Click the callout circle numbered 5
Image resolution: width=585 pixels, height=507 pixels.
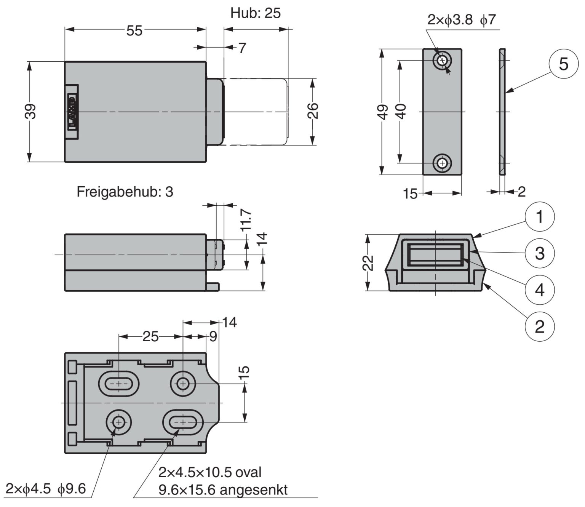[x=563, y=64]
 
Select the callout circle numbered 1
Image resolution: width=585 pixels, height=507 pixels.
[x=539, y=217]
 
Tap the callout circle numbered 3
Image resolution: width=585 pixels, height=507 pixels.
[x=539, y=253]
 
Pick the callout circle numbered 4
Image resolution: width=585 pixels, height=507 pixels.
[x=539, y=290]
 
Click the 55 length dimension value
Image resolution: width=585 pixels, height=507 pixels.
[x=134, y=30]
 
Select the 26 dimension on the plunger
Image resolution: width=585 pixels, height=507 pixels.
[x=312, y=111]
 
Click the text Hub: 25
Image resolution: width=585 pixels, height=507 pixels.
[x=255, y=13]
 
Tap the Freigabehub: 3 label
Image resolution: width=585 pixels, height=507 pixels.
[x=125, y=192]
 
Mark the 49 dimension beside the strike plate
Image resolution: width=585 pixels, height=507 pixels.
[x=384, y=112]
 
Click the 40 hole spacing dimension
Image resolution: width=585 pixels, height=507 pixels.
[x=401, y=112]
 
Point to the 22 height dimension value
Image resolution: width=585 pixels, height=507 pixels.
[x=368, y=262]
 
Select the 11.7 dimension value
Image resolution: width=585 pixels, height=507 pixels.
[x=246, y=220]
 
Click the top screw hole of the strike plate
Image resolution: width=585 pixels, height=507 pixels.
[x=442, y=61]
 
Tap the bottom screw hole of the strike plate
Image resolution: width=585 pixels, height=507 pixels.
[x=442, y=163]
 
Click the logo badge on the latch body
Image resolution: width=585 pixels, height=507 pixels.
[x=72, y=112]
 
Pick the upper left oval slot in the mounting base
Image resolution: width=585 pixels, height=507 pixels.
[x=119, y=384]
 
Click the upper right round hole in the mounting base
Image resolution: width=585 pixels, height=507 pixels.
[x=183, y=384]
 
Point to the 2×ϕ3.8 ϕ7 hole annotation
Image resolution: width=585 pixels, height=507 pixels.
[x=461, y=20]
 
